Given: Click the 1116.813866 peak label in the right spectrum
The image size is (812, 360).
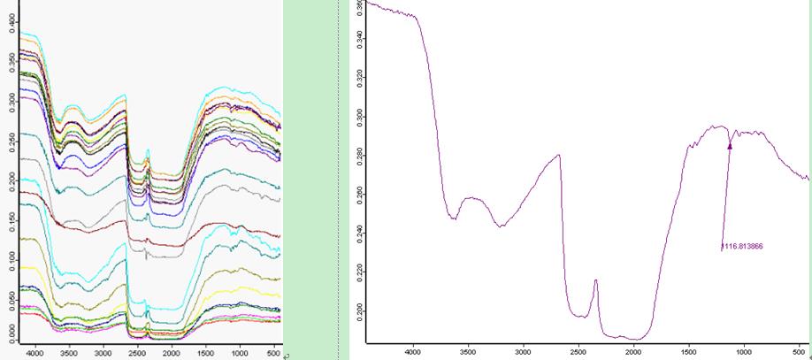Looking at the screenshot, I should pos(741,247).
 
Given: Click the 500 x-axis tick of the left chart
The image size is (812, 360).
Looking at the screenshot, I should pos(272,352).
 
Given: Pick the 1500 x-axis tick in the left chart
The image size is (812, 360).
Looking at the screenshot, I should pos(204,352).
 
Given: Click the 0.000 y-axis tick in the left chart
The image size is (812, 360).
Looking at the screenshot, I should pos(10,333).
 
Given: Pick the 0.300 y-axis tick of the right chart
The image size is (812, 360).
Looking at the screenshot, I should pos(359,118).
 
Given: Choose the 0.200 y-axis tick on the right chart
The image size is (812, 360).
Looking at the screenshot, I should pos(359,312).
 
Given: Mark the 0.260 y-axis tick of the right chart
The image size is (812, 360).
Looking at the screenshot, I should pos(359,195).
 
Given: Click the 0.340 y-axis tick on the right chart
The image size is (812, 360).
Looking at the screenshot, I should pos(359,40).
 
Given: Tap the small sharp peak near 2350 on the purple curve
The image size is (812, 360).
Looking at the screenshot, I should pos(595,280).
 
